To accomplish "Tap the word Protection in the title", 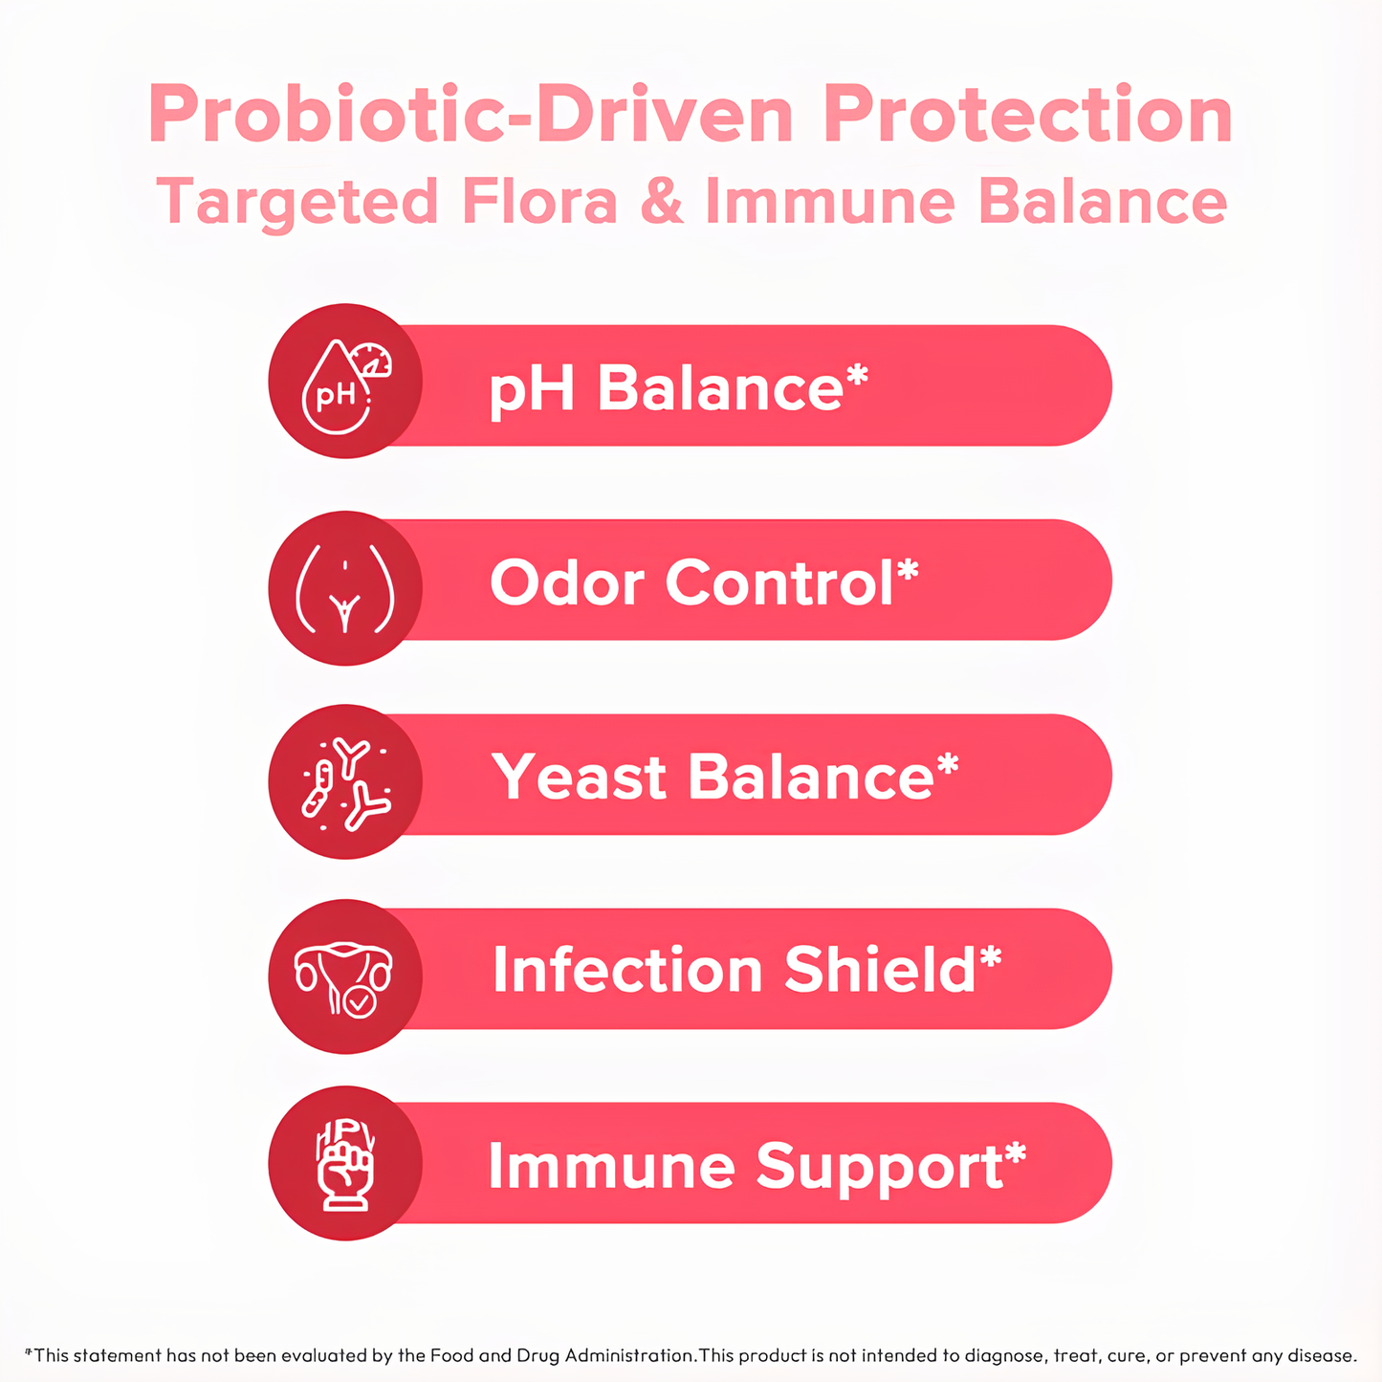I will click(1028, 116).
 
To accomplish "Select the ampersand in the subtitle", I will click(662, 202).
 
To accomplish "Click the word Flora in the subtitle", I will click(539, 202).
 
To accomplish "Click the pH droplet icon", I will click(344, 382).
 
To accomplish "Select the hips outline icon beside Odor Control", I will click(344, 588).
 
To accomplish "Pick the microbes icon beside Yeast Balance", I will click(345, 782).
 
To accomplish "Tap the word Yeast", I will click(580, 777).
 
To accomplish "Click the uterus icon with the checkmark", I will click(344, 977).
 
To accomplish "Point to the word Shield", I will click(880, 970).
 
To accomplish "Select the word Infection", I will click(627, 970).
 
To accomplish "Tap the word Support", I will click(879, 1167).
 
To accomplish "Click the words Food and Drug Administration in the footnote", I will click(562, 1355).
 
